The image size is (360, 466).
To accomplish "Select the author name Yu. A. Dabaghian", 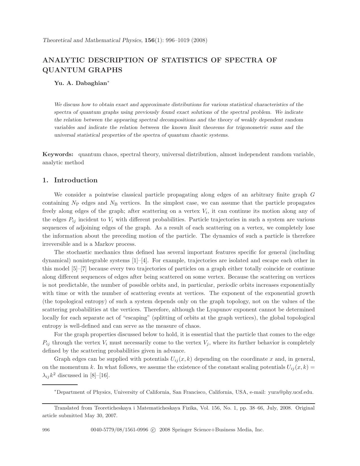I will (80, 83).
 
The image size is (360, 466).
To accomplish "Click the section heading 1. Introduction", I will (70, 180).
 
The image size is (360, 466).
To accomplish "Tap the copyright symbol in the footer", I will (153, 430).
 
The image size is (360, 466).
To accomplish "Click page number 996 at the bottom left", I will (46, 430).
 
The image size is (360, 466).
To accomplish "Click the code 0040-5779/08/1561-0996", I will (119, 430).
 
